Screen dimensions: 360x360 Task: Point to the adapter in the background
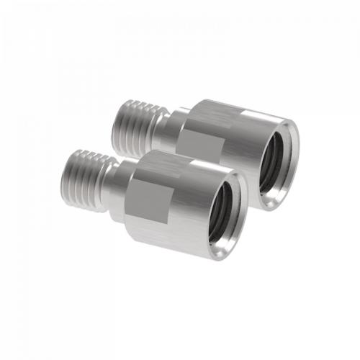coord(230,130)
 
